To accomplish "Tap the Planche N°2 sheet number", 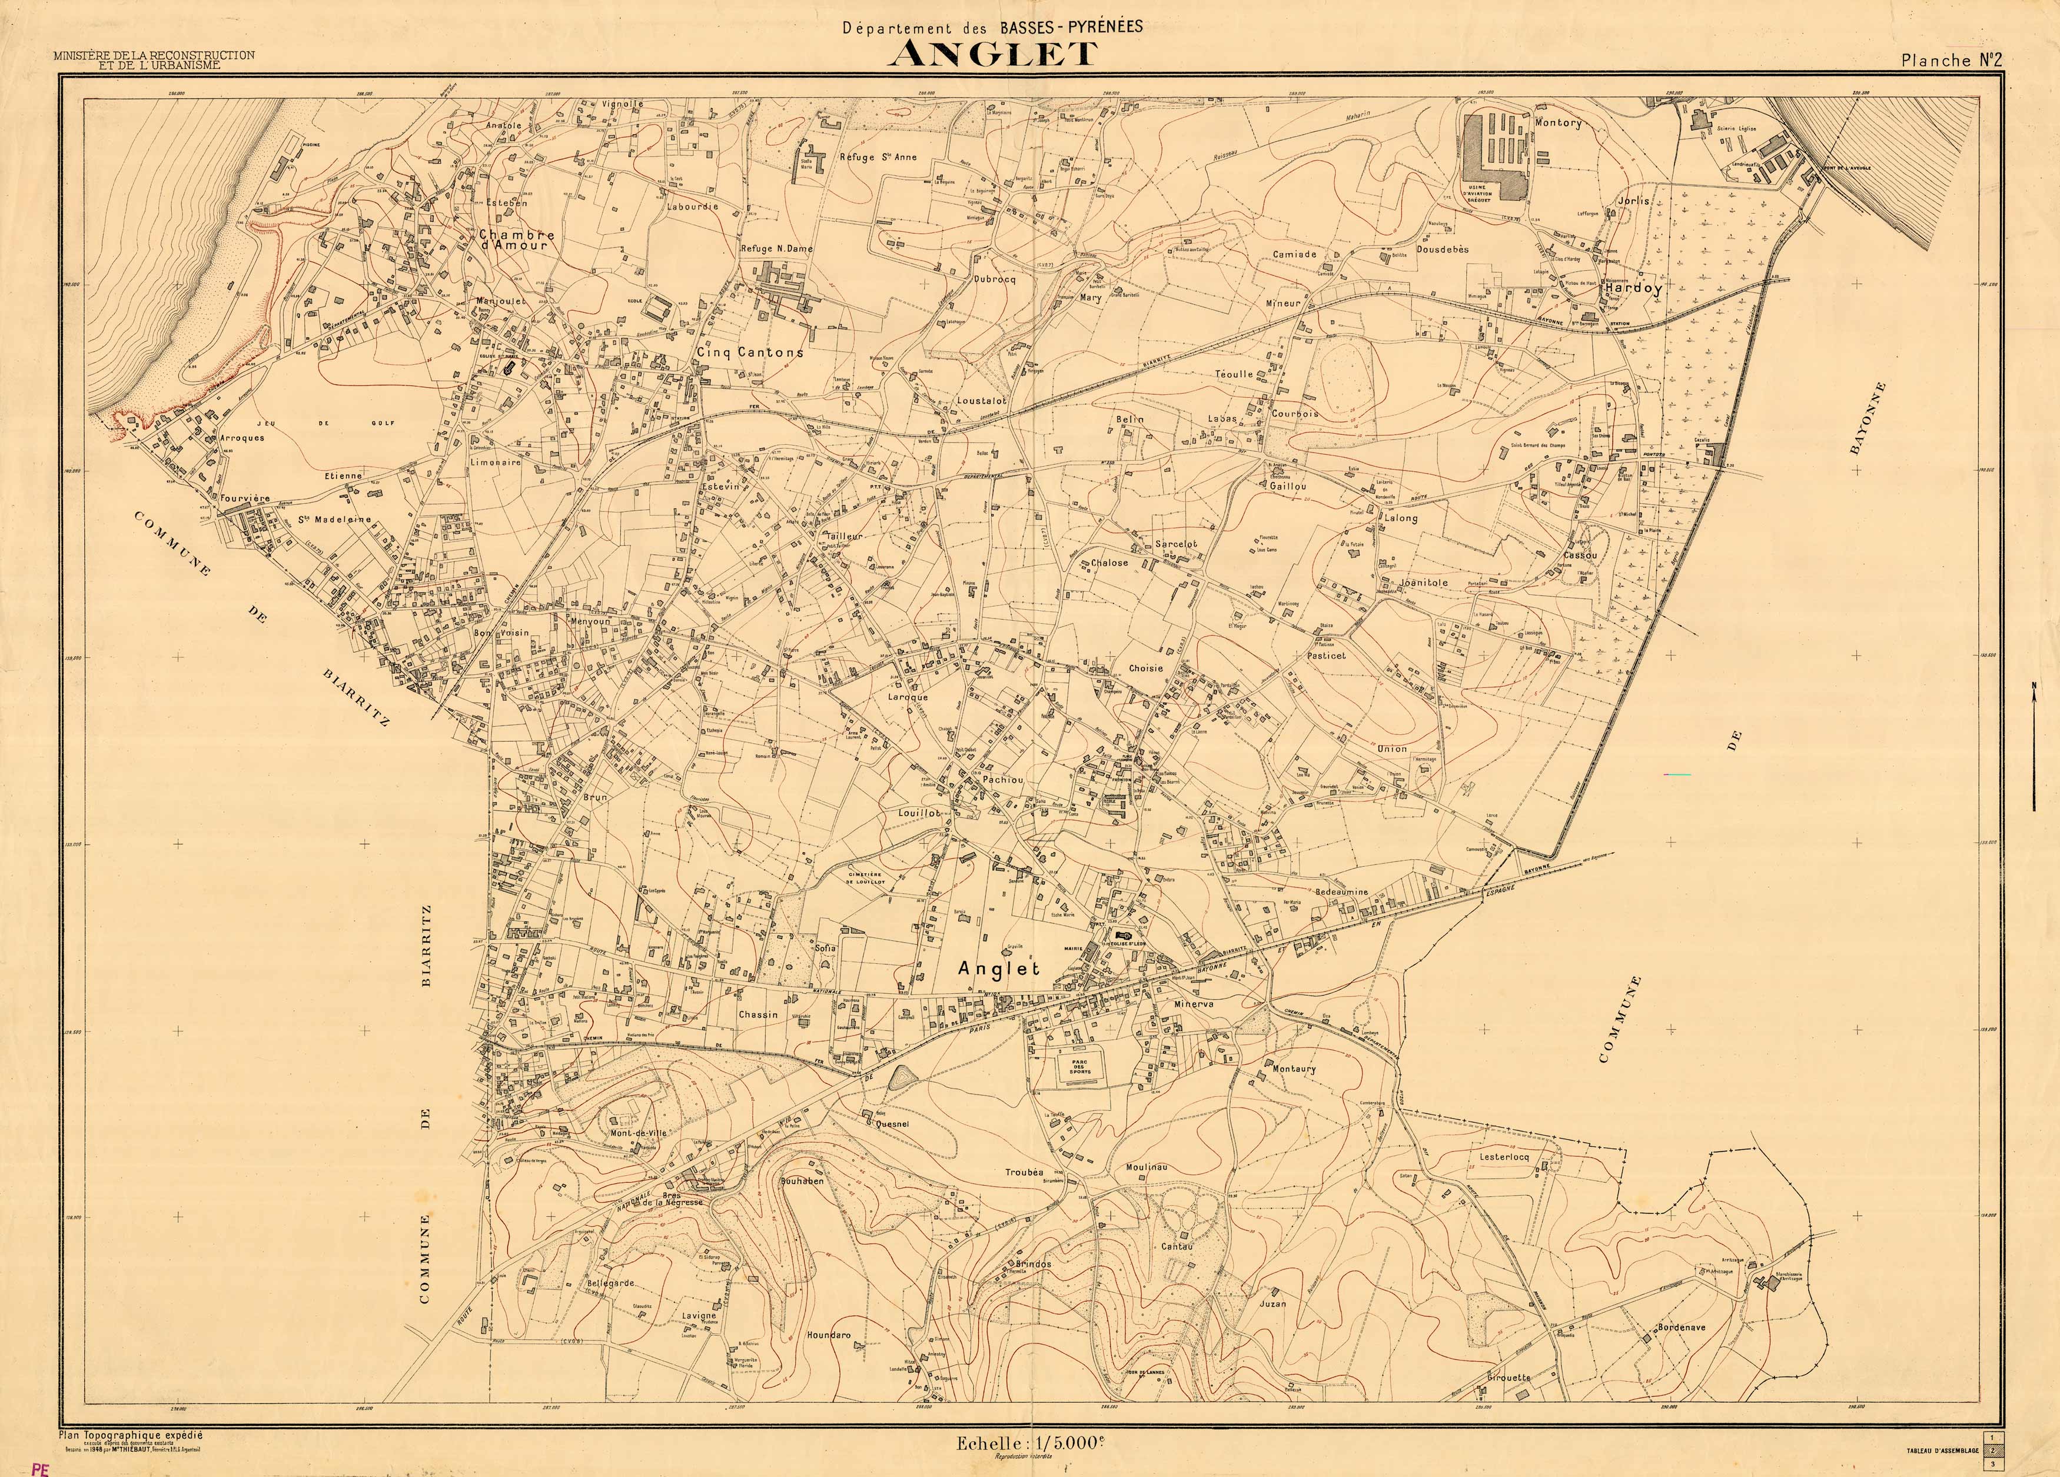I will [x=1951, y=61].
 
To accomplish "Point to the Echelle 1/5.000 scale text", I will [x=1028, y=1442].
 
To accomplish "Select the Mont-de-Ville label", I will [x=639, y=1133].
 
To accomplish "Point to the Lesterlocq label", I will [x=1504, y=1158].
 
